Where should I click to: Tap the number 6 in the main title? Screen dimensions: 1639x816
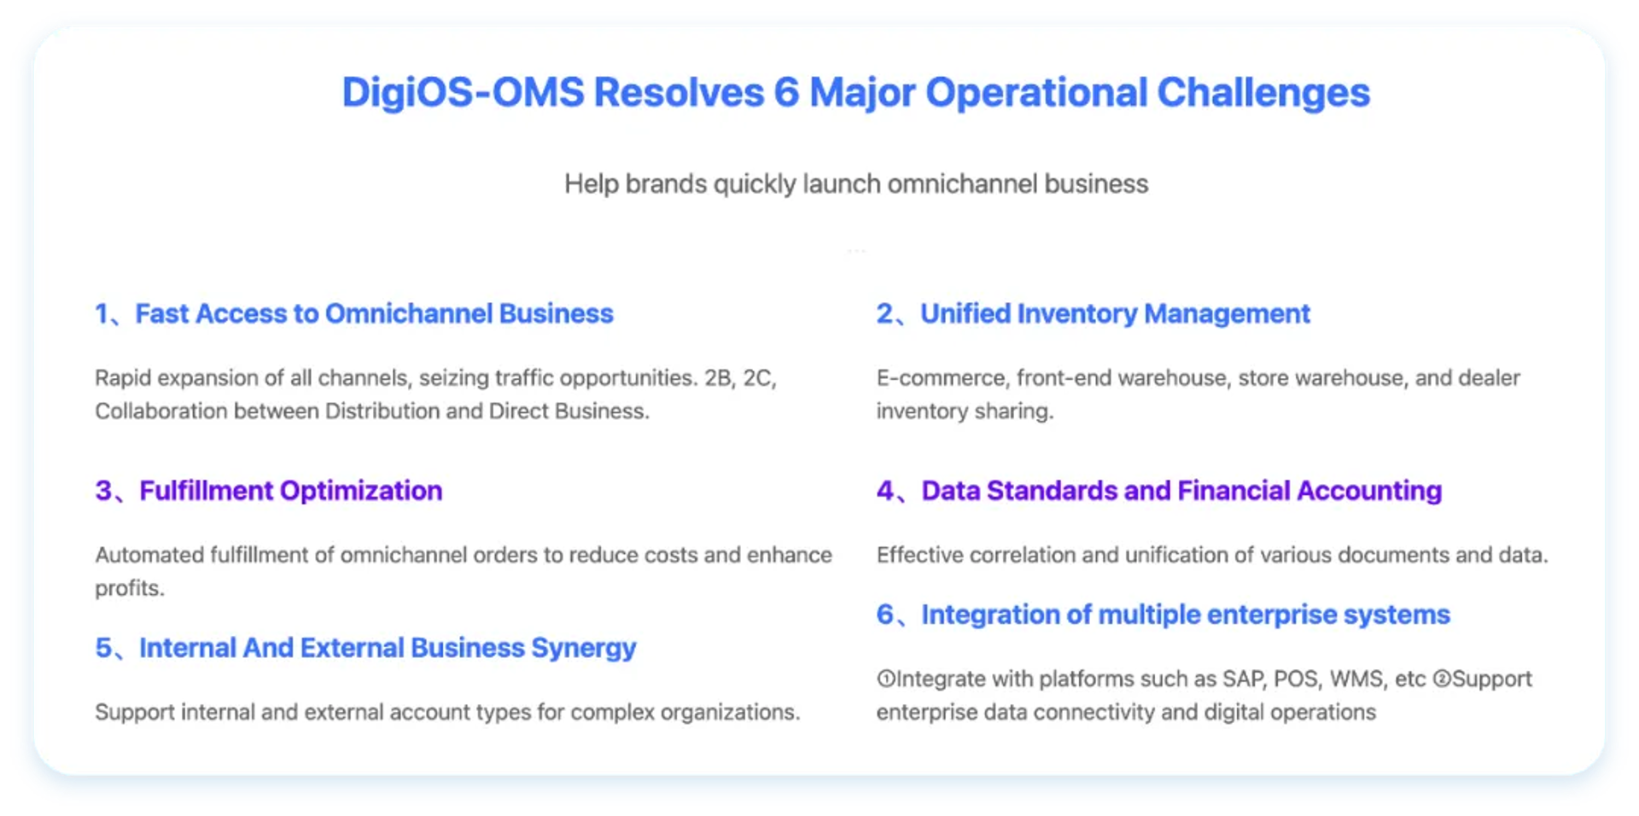tap(786, 92)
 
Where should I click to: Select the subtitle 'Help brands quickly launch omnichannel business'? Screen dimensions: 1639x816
tap(856, 184)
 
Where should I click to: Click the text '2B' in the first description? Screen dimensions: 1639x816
tap(719, 377)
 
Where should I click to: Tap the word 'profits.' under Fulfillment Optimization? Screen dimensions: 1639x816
tap(130, 588)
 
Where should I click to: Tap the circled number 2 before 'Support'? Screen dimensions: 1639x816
tap(1442, 679)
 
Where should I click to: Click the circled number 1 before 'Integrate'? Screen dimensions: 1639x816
tap(886, 679)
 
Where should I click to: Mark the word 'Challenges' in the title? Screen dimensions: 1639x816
tap(1263, 92)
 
